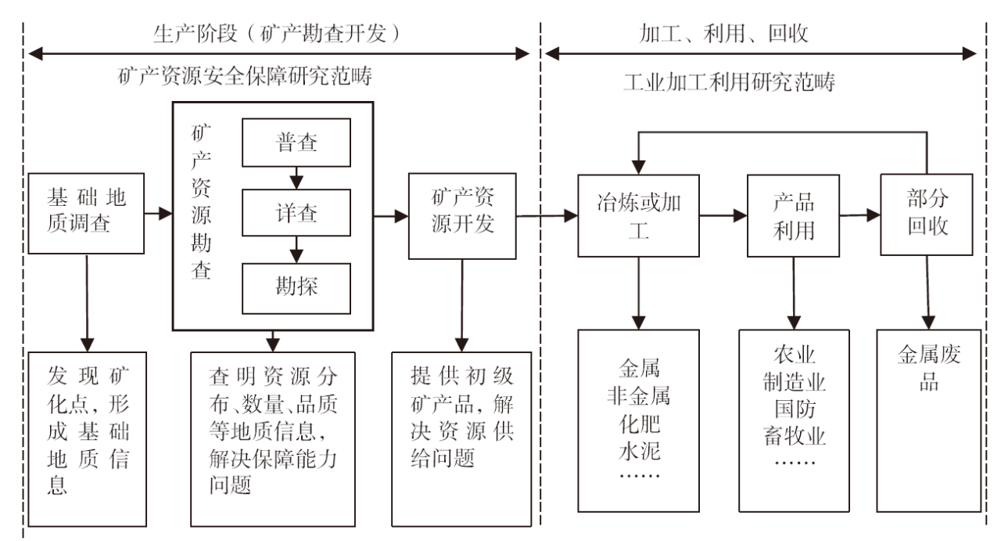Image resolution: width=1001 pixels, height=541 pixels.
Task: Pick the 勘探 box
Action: (296, 286)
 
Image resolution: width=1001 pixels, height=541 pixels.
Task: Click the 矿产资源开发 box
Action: (463, 214)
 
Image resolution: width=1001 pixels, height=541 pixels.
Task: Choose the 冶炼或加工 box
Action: (639, 214)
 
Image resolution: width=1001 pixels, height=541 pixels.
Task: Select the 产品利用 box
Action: (794, 214)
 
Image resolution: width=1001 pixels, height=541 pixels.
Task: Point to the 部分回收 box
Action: (928, 214)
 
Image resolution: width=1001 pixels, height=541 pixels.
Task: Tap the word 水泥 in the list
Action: (639, 454)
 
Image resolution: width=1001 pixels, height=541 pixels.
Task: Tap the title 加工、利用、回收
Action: (723, 33)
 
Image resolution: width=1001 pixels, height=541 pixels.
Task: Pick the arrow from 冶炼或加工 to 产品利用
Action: (723, 214)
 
